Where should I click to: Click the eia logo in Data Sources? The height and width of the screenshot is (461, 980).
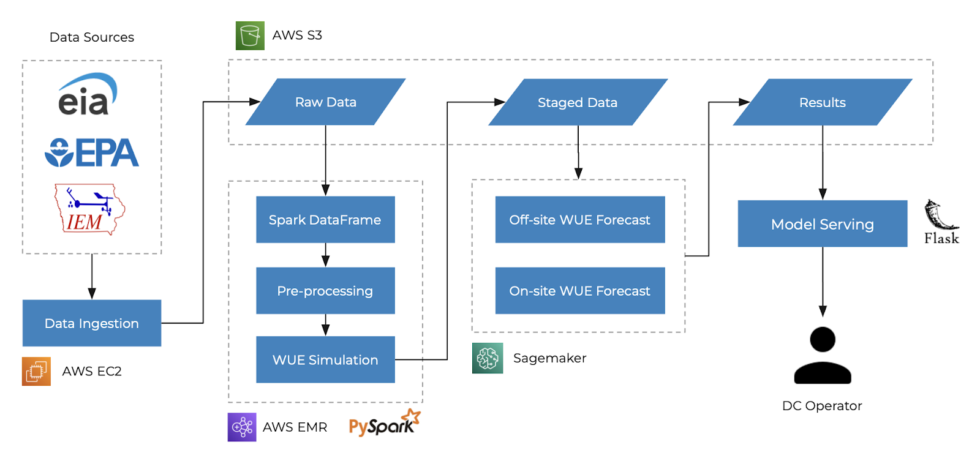pyautogui.click(x=88, y=94)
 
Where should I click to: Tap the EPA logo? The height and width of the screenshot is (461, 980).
pyautogui.click(x=92, y=152)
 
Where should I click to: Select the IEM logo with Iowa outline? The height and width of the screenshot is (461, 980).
pyautogui.click(x=89, y=209)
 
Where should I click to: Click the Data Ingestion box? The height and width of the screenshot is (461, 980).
pyautogui.click(x=92, y=323)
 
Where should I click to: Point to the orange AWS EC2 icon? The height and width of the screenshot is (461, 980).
pyautogui.click(x=36, y=372)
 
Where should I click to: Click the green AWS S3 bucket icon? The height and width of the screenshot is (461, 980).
pyautogui.click(x=250, y=36)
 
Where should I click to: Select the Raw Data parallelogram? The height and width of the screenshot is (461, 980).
pyautogui.click(x=325, y=102)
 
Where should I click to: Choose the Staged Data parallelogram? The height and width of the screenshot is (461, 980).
pyautogui.click(x=578, y=102)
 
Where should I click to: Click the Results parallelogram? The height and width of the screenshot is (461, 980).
pyautogui.click(x=823, y=102)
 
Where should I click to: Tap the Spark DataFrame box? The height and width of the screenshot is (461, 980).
pyautogui.click(x=325, y=220)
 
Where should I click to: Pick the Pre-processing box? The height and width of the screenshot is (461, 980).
pyautogui.click(x=325, y=291)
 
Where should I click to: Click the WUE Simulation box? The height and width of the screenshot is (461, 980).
pyautogui.click(x=325, y=359)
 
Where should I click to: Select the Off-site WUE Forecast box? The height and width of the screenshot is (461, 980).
pyautogui.click(x=580, y=220)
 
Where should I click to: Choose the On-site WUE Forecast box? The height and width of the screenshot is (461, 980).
pyautogui.click(x=580, y=291)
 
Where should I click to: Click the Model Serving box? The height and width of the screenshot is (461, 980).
pyautogui.click(x=823, y=223)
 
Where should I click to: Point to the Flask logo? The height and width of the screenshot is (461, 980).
pyautogui.click(x=941, y=222)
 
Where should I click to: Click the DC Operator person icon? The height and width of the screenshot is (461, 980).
pyautogui.click(x=823, y=355)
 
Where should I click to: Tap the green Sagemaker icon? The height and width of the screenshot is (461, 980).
pyautogui.click(x=488, y=358)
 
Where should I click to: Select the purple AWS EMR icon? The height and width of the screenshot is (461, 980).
pyautogui.click(x=242, y=427)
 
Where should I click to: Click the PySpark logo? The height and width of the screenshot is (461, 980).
pyautogui.click(x=385, y=423)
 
